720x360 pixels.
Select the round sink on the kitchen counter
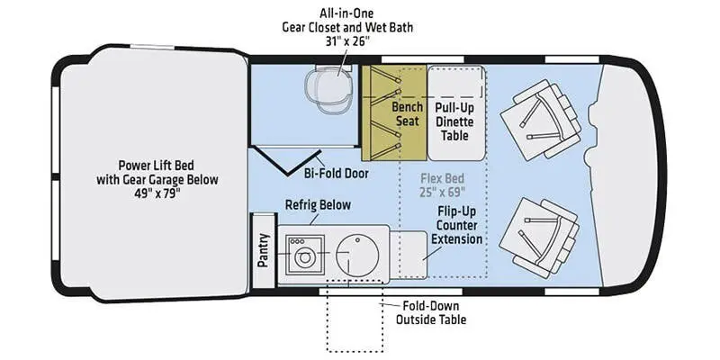pos(353,255)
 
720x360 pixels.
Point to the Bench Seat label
pos(407,114)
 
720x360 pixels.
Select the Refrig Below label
pos(318,205)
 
